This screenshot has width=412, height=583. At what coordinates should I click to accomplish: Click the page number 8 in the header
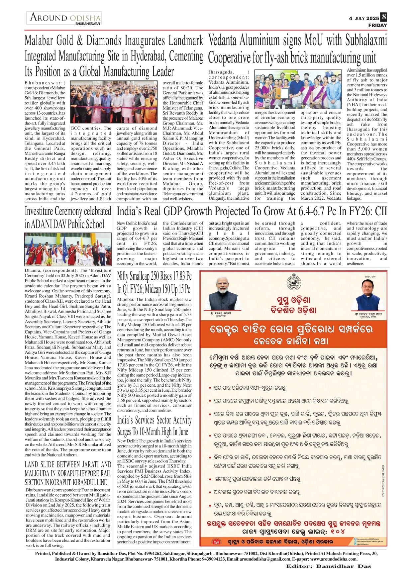pyautogui.click(x=384, y=17)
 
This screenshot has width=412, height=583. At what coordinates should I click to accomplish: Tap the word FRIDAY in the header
pyautogui.click(x=377, y=25)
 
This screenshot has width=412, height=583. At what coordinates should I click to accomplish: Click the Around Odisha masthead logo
pyautogui.click(x=64, y=18)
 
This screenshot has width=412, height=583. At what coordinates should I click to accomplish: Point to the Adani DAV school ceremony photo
pyautogui.click(x=68, y=249)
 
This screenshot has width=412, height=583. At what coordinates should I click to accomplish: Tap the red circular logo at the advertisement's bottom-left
pyautogui.click(x=216, y=542)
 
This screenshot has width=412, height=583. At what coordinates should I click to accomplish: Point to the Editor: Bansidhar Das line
pyautogui.click(x=329, y=566)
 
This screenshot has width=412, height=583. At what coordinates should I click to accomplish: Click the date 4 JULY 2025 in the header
pyautogui.click(x=364, y=18)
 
